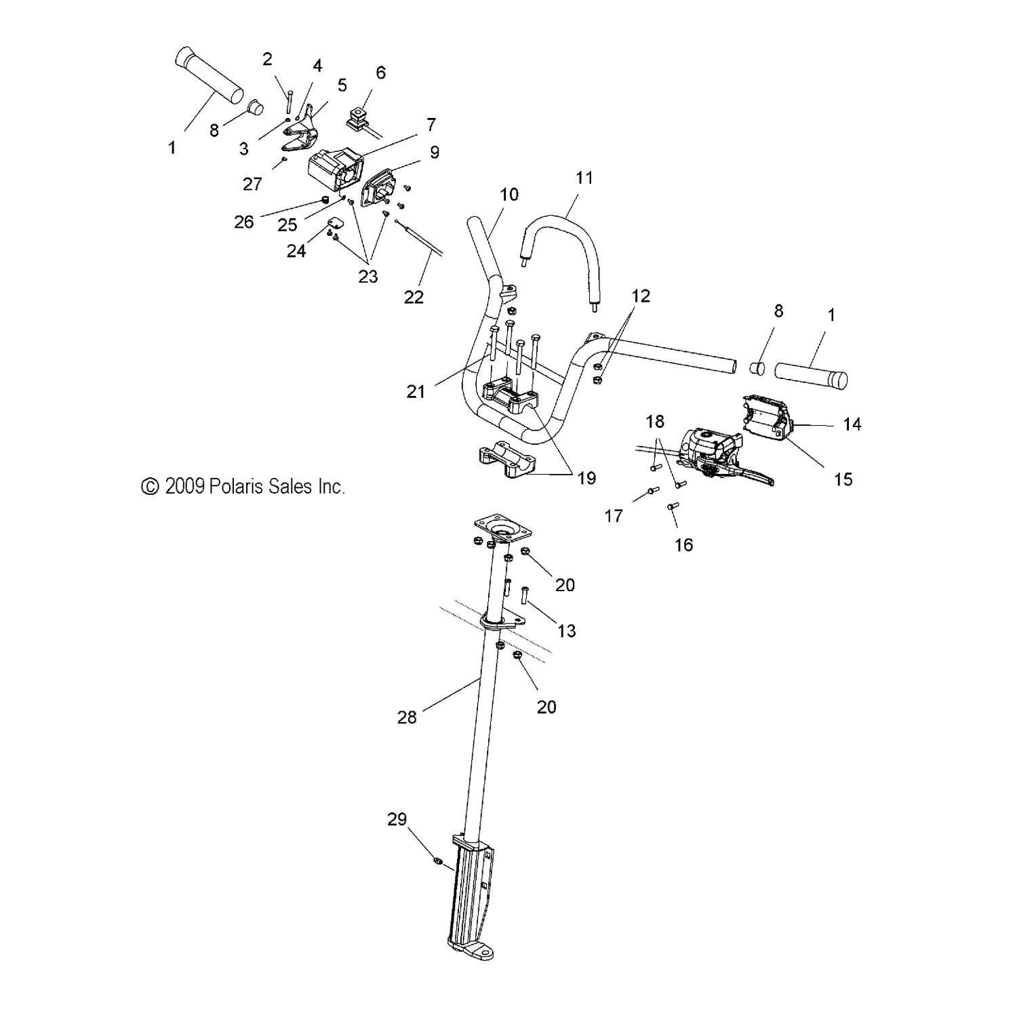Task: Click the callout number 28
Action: [x=407, y=717]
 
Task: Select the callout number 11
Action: [x=584, y=178]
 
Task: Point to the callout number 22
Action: [x=414, y=297]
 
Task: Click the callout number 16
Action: [x=683, y=544]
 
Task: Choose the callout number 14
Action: [x=852, y=424]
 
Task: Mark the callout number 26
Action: [x=244, y=222]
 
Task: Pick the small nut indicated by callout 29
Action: [x=437, y=861]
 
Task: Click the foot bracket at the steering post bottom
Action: [x=470, y=949]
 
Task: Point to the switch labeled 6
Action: [x=359, y=115]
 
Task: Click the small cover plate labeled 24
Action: [x=334, y=222]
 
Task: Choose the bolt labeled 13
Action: [x=524, y=595]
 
